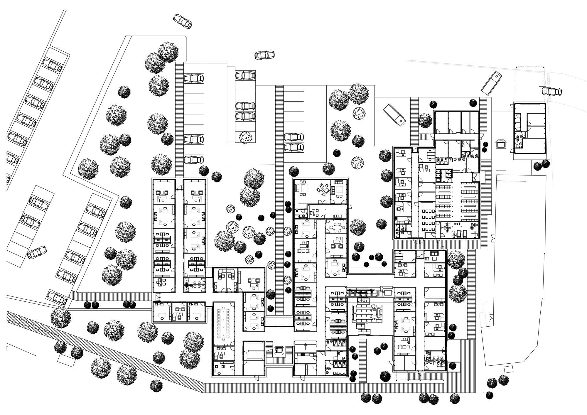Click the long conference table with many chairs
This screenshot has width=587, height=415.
coord(224,322)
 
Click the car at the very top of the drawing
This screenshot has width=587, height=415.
coord(183,21)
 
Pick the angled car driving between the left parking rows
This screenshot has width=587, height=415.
coord(37,252)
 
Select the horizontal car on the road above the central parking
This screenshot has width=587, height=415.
coord(264,55)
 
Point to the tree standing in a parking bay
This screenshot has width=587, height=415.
coord(245,137)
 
